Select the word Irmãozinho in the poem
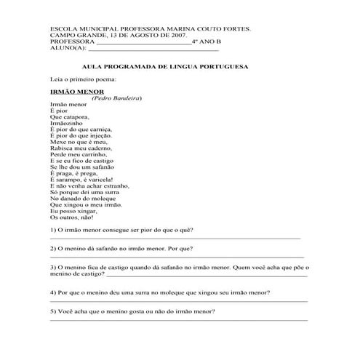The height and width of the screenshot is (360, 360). pyautogui.click(x=68, y=124)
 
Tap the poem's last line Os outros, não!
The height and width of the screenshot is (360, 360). pyautogui.click(x=72, y=217)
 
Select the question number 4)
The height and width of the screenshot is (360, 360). pyautogui.click(x=52, y=292)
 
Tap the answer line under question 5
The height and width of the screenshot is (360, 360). pyautogui.click(x=178, y=320)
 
